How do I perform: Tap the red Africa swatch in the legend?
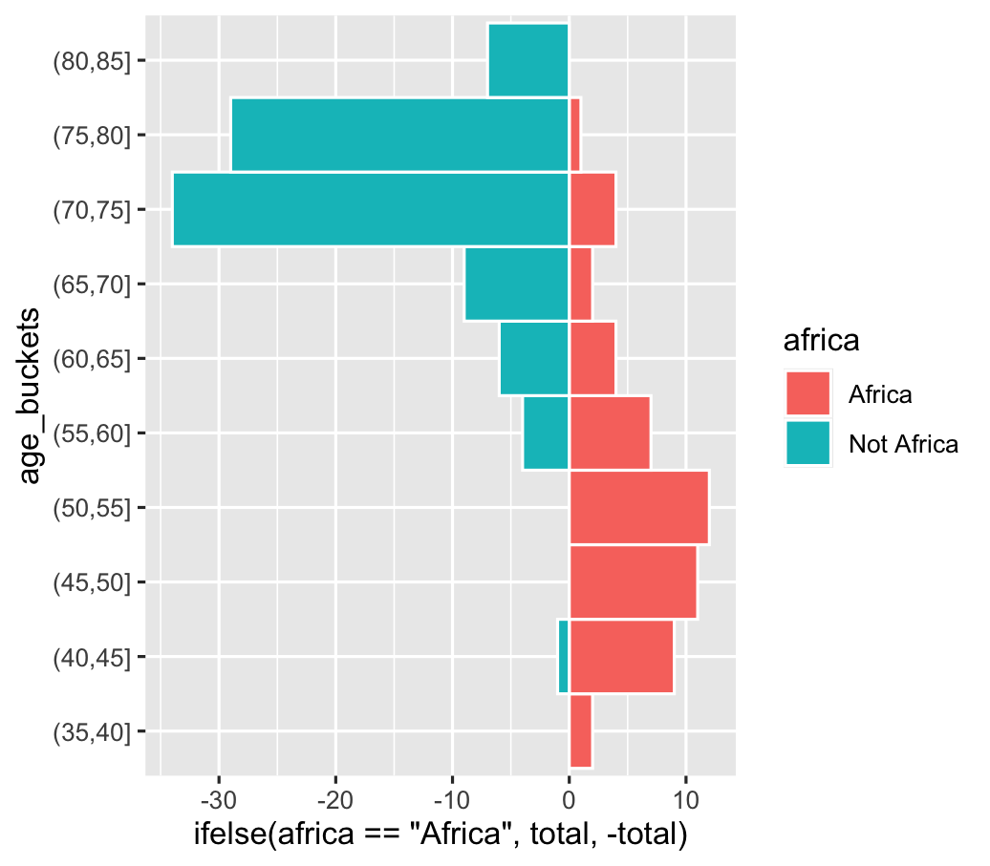807,393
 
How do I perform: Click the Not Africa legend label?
903,443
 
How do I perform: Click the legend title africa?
818,341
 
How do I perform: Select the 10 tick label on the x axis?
685,796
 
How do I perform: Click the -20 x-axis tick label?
335,796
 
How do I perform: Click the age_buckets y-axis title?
31,395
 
